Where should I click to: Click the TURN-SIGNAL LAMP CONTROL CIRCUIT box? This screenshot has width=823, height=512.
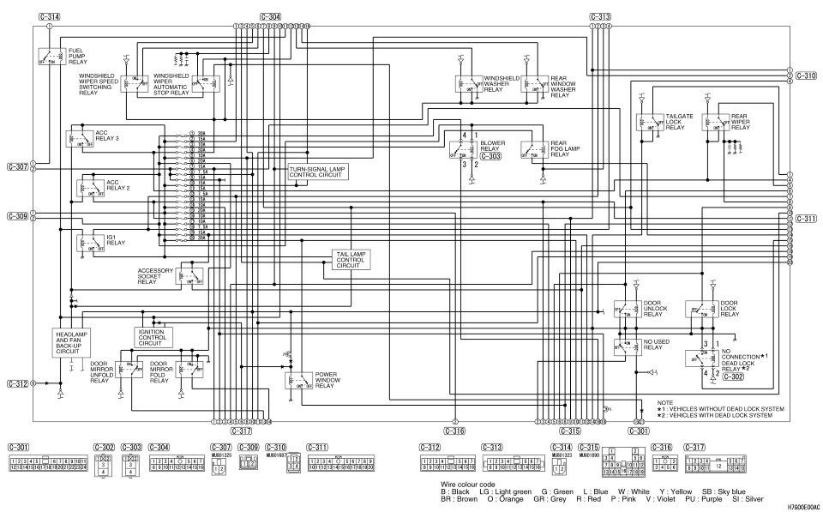318,173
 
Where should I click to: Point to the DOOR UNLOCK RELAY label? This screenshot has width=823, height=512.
656,309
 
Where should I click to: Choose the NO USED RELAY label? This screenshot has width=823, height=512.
654,346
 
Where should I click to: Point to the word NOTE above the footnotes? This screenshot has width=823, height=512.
665,402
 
